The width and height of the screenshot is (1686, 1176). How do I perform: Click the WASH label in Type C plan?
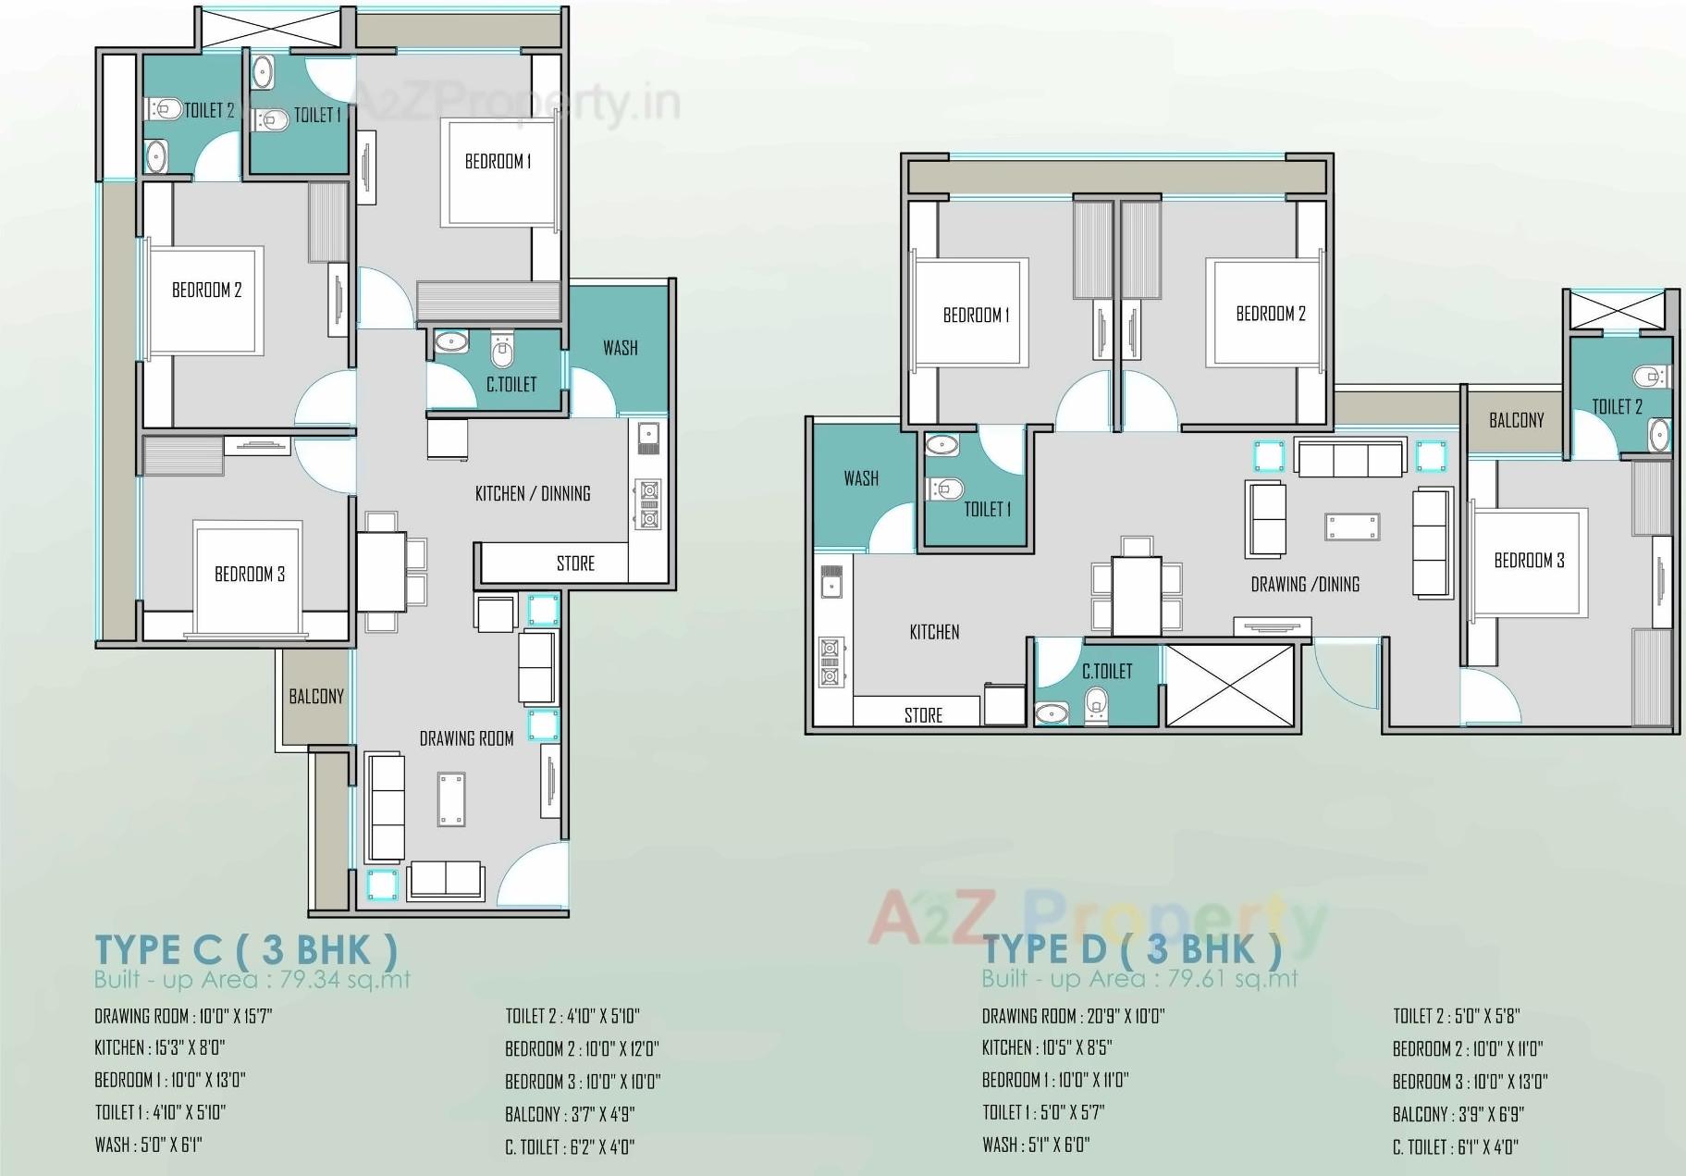[620, 348]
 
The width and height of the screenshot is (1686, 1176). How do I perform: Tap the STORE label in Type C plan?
[575, 563]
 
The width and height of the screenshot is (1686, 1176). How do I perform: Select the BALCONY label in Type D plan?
[1516, 420]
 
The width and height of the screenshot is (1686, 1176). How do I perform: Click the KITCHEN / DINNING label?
[533, 494]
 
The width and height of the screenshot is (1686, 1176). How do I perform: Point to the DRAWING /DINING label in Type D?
[1305, 584]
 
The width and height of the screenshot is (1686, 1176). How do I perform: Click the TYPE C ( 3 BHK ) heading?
[246, 949]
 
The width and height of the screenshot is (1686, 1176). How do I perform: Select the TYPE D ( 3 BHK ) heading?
[1132, 949]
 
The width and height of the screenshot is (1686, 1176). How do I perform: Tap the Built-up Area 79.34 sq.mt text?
[252, 979]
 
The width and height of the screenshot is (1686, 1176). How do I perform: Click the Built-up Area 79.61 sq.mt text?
[1139, 978]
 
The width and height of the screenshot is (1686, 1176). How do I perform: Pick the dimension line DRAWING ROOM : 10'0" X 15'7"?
[183, 1016]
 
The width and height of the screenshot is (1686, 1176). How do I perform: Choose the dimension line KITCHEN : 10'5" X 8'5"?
[1046, 1047]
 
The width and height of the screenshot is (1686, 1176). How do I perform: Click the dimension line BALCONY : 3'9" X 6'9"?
[1458, 1114]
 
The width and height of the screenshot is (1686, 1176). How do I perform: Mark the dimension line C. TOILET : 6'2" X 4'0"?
[570, 1147]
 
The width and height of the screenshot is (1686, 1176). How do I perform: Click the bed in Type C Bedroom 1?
[499, 172]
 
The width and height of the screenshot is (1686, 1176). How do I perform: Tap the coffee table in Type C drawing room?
[451, 799]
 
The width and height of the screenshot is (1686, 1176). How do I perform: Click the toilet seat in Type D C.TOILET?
[1095, 702]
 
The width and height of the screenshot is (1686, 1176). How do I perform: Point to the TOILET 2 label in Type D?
[1617, 406]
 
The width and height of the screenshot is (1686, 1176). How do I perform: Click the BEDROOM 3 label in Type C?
[250, 575]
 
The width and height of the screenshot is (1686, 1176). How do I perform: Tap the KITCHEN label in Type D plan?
[934, 632]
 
